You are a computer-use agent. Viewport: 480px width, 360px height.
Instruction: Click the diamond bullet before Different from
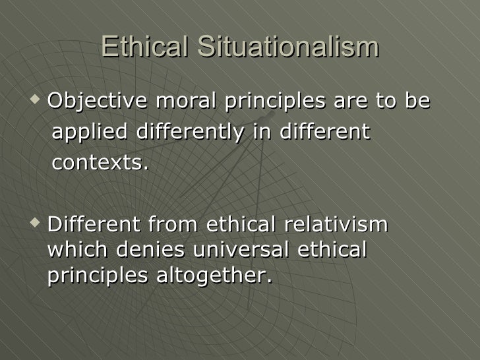coord(35,224)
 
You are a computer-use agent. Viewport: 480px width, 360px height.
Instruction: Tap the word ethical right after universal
coord(332,251)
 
